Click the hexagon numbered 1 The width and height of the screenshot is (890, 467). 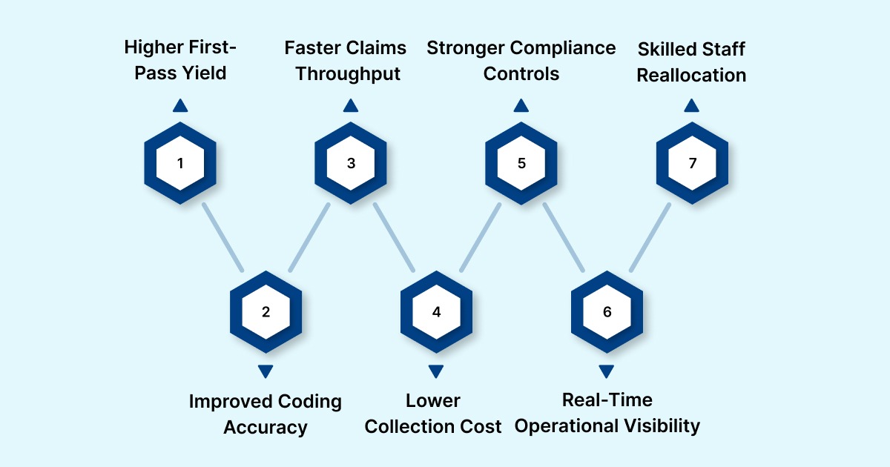click(x=180, y=163)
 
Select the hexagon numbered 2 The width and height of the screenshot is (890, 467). click(x=266, y=311)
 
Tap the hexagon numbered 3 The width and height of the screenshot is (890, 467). click(x=351, y=163)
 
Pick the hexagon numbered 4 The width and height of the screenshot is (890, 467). click(x=436, y=311)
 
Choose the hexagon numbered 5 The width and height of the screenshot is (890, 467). click(x=521, y=163)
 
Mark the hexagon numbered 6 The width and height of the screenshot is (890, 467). click(x=607, y=311)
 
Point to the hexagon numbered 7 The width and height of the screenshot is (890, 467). click(x=692, y=163)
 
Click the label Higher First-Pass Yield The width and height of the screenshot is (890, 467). click(x=180, y=61)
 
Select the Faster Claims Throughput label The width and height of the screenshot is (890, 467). click(x=346, y=61)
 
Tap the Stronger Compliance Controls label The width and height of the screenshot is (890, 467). click(x=521, y=61)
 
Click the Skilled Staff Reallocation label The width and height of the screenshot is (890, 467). click(x=692, y=61)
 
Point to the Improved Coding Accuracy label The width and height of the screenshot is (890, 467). click(x=266, y=414)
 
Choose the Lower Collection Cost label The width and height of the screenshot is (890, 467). click(x=434, y=414)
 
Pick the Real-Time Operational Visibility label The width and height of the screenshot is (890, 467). click(x=607, y=413)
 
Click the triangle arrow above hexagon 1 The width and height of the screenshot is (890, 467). click(x=180, y=106)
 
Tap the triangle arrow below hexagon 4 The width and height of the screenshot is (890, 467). click(x=436, y=371)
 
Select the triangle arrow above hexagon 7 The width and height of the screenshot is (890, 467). click(x=692, y=106)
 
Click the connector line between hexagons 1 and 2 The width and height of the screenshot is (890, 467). click(x=222, y=237)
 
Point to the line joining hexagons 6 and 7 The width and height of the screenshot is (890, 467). click(x=650, y=237)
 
